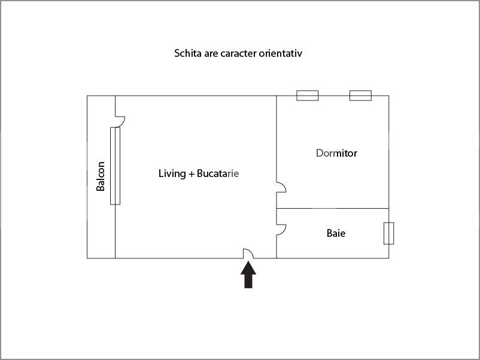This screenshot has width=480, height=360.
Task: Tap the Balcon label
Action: point(101,176)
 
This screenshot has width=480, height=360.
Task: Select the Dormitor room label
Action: point(336,153)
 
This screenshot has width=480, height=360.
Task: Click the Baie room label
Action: point(336,233)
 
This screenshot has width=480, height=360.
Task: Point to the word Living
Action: point(172,173)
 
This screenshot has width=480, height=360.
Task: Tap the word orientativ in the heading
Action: point(280,53)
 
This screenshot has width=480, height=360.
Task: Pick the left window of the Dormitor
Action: point(308,96)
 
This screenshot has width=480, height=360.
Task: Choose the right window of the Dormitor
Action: point(360,96)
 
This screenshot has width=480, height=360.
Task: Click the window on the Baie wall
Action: point(388,233)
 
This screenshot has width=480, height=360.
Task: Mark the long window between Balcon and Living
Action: point(115,166)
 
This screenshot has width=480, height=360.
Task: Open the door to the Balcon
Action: point(119,121)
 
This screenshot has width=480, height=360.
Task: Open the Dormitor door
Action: point(281,187)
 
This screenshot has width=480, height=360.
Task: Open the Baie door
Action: point(281,229)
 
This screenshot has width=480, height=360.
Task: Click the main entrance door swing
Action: point(248,254)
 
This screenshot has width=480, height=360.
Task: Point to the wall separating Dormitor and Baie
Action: point(332,208)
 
